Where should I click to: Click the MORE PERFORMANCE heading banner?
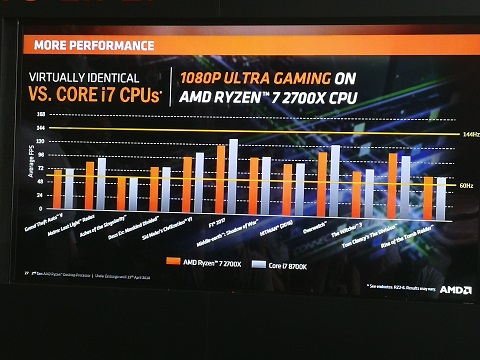(95, 45)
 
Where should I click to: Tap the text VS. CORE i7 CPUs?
(100, 96)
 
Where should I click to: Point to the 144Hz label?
(470, 134)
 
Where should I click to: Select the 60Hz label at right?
(466, 186)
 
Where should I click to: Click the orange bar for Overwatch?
(322, 186)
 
